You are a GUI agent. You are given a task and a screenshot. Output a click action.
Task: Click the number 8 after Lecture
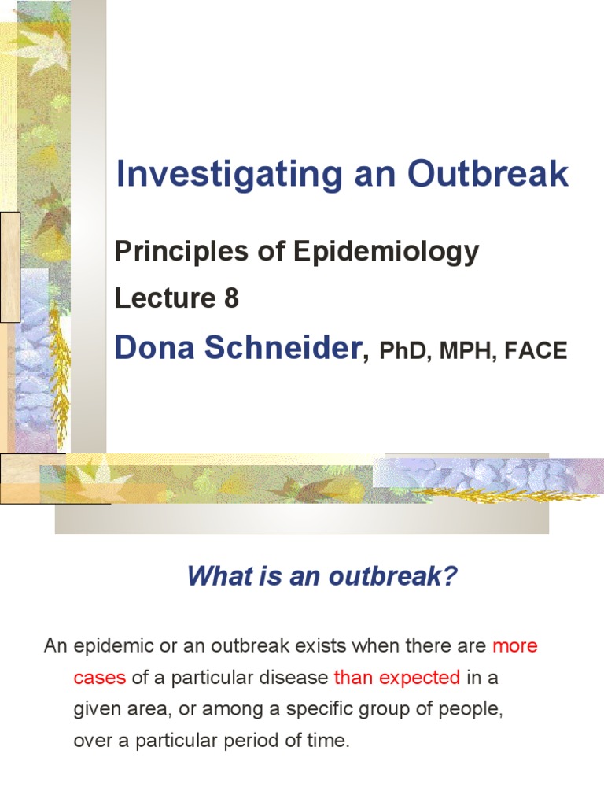coord(230,299)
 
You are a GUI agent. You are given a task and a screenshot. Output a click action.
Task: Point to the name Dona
coord(153,347)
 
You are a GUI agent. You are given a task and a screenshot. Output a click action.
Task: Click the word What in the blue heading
coord(213,577)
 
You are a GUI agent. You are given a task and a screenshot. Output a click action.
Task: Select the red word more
coord(515,646)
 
